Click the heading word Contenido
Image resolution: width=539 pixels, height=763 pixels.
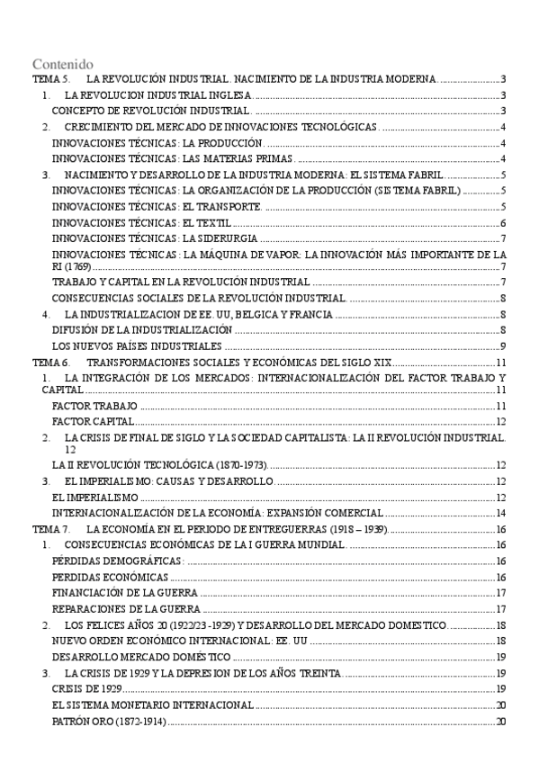tap(63, 65)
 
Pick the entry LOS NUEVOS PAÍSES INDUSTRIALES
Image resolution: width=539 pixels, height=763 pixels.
tap(136, 346)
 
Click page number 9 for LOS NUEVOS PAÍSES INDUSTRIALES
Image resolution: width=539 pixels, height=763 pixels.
tap(505, 346)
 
